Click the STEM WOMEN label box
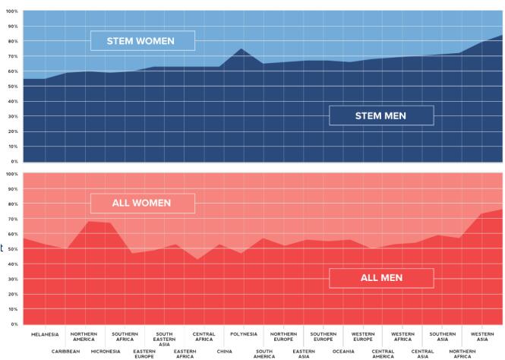tap(142, 40)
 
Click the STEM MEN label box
tap(381, 115)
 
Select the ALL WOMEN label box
tap(142, 203)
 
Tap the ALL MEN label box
tap(381, 278)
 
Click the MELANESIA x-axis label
tap(45, 334)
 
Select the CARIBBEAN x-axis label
tap(65, 352)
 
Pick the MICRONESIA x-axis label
tap(106, 352)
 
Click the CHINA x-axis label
tap(224, 352)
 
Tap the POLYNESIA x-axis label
tap(244, 334)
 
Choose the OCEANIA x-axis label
tap(343, 352)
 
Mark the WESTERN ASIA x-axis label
tap(482, 337)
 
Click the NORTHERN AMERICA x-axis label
tap(84, 337)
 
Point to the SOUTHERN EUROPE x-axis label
tap(323, 337)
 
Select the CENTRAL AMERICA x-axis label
tap(383, 354)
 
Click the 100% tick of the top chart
tap(11, 11)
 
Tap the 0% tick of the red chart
tap(13, 324)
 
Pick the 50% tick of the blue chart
tap(12, 87)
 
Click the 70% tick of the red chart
tap(12, 219)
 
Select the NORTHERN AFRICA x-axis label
tap(462, 354)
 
